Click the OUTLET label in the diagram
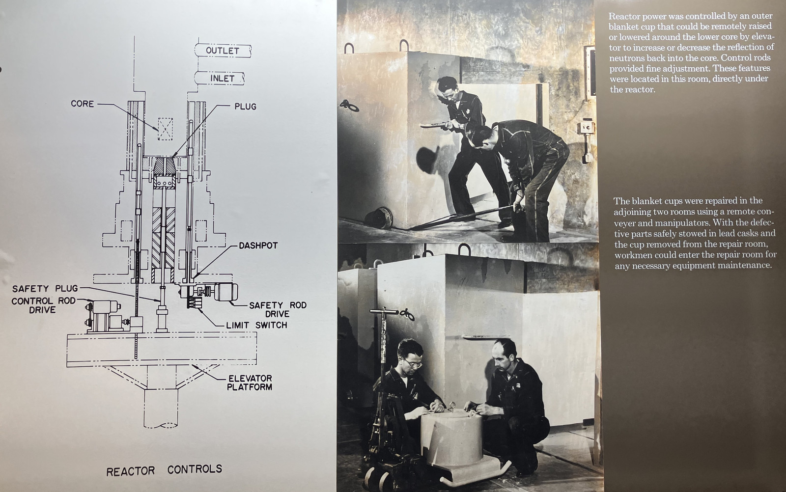coord(223,51)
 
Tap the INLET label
coord(222,78)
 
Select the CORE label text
coord(82,104)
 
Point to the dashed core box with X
coord(165,129)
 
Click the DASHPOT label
coord(258,246)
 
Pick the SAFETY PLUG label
coord(45,289)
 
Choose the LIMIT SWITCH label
coord(256,325)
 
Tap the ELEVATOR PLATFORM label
coord(250,383)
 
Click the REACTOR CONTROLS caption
coord(164,470)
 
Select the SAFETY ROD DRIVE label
coord(278,309)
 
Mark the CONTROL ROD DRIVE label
coord(44,305)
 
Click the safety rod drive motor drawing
coord(225,292)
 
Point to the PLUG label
coord(245,106)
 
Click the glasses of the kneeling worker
coord(413,363)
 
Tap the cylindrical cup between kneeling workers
coord(451,438)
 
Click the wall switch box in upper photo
coord(586,128)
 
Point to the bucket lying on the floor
coord(378,218)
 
